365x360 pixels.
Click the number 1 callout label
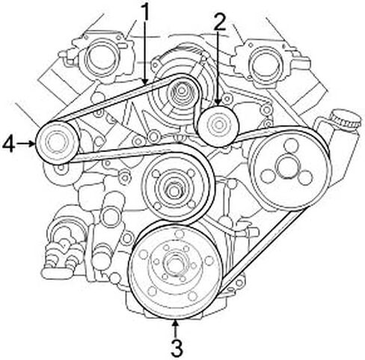[x=144, y=12]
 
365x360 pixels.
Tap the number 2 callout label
[x=219, y=22]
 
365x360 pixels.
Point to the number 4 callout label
[x=8, y=144]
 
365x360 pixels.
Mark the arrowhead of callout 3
[x=176, y=323]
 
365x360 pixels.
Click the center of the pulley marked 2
[x=218, y=126]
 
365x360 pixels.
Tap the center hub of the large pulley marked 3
[x=175, y=265]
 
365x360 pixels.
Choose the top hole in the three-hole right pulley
[x=291, y=145]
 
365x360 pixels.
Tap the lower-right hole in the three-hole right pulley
[x=304, y=178]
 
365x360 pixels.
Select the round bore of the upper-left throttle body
[x=100, y=58]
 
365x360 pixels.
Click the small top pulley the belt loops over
[x=181, y=92]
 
